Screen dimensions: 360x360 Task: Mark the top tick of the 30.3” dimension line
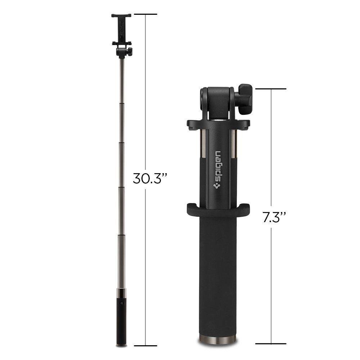145,14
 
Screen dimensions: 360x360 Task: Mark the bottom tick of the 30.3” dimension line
145,346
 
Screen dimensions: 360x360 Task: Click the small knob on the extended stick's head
130,51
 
